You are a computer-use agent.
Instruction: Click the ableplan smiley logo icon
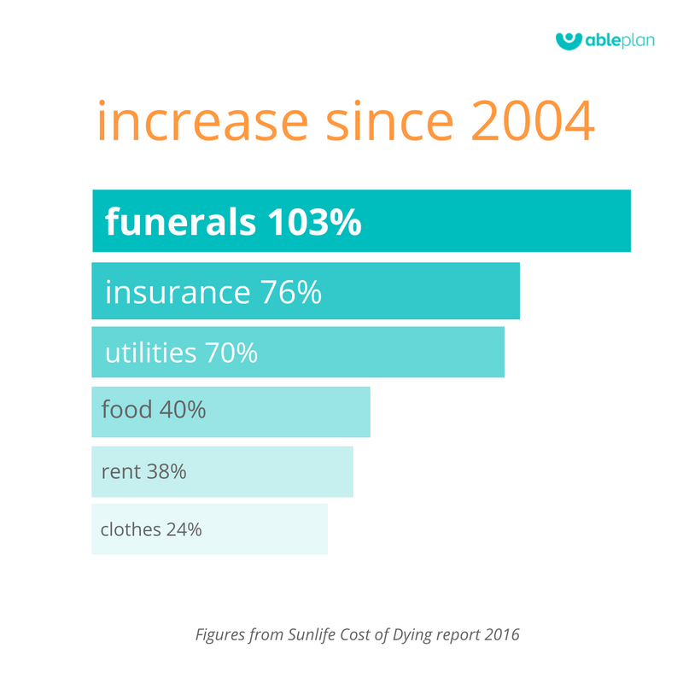(x=569, y=41)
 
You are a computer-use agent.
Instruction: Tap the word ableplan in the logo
(x=620, y=41)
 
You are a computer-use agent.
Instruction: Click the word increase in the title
(x=203, y=120)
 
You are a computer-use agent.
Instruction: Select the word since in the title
(x=390, y=120)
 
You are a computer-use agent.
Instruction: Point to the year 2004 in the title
(x=533, y=120)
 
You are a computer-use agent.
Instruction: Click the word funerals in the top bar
(x=180, y=221)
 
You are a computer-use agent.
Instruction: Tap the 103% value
(x=314, y=222)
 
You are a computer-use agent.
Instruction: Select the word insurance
(x=178, y=292)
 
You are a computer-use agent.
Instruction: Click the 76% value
(x=291, y=292)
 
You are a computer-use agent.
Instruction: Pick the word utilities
(x=151, y=352)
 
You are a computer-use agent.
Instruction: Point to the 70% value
(x=231, y=353)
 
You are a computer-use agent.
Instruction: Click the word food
(x=126, y=409)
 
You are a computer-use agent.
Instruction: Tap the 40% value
(x=183, y=410)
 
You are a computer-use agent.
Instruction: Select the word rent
(x=121, y=472)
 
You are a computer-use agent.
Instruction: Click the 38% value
(x=166, y=471)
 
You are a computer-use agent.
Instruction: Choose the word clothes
(x=131, y=529)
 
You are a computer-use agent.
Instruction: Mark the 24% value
(x=184, y=529)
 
